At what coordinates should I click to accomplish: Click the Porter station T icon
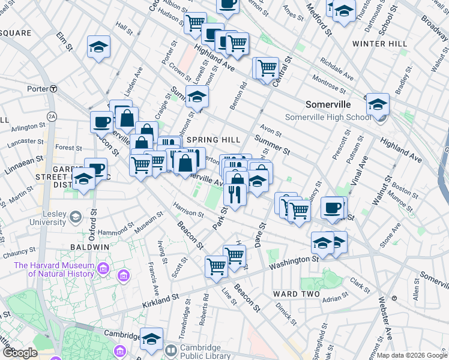click(53, 89)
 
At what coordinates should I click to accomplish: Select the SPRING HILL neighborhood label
click(213, 139)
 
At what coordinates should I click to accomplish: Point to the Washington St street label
click(294, 262)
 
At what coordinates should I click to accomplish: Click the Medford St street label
click(320, 19)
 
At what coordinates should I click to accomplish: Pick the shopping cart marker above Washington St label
click(234, 255)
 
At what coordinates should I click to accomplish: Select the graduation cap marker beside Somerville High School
click(378, 104)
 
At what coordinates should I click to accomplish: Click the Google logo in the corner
click(20, 352)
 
